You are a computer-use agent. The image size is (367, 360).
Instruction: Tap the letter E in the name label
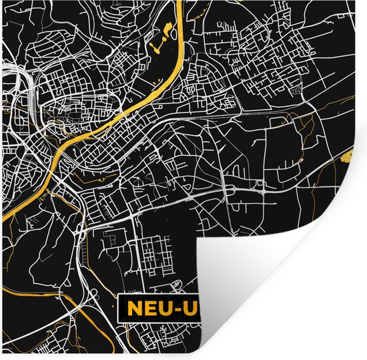(145, 309)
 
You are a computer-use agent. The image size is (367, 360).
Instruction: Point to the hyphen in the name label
(171, 309)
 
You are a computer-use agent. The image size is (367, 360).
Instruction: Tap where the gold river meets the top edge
(181, 3)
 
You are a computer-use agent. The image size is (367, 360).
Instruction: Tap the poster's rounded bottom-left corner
(4, 356)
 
